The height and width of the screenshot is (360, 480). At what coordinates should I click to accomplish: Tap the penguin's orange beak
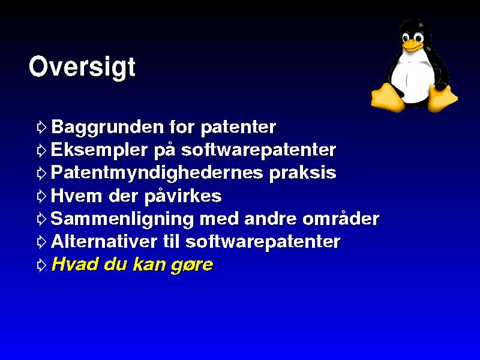point(412,46)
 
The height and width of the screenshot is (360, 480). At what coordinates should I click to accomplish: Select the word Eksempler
point(99,151)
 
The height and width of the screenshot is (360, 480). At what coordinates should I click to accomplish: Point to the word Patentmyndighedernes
point(157,173)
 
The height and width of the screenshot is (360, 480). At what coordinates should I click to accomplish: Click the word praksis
point(302,173)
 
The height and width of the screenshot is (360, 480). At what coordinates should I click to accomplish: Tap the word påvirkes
point(183,196)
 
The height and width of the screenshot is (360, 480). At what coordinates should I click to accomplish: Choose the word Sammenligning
point(122,220)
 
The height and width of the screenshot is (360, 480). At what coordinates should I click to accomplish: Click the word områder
point(341,218)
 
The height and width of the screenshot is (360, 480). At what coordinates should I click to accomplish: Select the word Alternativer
point(104,242)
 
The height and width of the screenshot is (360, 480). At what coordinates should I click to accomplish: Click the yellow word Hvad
point(74,264)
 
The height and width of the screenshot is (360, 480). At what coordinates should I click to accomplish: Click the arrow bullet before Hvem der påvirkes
point(41,196)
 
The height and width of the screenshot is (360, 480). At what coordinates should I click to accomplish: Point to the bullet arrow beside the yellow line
point(41,265)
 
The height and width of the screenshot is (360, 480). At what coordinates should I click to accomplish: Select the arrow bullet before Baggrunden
point(41,127)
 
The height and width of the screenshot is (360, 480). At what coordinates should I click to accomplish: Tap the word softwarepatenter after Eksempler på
point(259,151)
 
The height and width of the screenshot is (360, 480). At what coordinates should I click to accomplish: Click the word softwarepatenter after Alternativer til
point(263,242)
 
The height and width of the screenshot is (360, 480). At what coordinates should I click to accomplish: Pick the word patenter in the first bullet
point(238,127)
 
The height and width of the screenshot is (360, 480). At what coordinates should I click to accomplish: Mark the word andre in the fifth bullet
point(270,219)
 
